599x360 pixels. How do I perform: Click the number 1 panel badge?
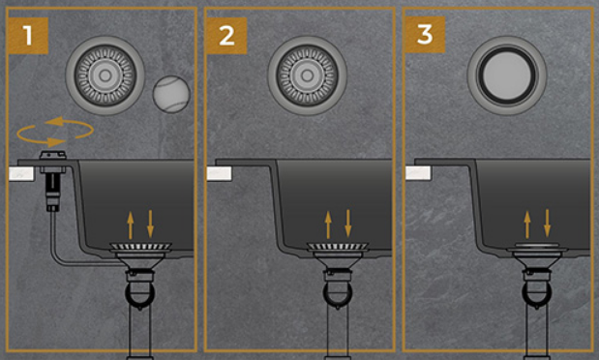click(27, 36)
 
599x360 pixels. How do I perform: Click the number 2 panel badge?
click(226, 36)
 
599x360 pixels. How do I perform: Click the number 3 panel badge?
click(425, 35)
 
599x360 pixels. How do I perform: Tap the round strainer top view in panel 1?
click(105, 75)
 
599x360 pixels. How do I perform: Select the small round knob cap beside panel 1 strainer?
click(171, 94)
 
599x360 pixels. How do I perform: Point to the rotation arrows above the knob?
click(55, 132)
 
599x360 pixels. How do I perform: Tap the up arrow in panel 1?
click(131, 225)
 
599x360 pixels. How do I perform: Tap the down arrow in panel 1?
click(150, 224)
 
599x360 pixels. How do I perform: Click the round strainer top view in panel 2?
click(307, 75)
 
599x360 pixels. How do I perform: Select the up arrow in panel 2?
click(328, 225)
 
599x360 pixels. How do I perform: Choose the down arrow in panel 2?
click(348, 224)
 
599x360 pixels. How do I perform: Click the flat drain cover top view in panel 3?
click(507, 75)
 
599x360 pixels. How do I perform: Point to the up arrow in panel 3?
click(527, 225)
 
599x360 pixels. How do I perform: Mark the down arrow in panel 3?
click(548, 224)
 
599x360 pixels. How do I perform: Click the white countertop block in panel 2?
click(220, 173)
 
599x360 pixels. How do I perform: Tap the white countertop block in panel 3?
click(418, 173)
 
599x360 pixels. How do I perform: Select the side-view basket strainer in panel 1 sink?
click(140, 250)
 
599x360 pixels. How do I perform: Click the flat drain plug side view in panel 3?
click(537, 249)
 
